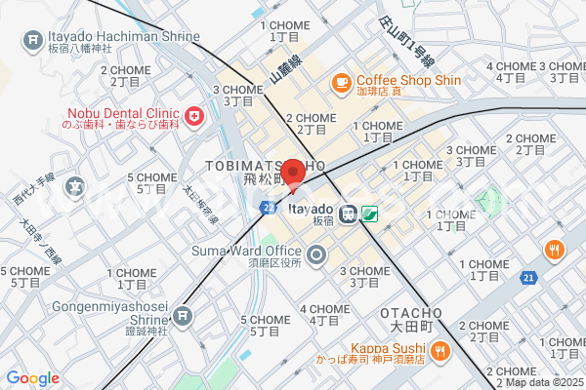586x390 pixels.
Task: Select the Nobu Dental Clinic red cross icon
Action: [x=194, y=117]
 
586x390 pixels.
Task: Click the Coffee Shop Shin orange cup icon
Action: [x=342, y=84]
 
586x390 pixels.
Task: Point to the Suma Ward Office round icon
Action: [x=316, y=256]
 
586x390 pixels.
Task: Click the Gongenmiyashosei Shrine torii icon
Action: [x=182, y=316]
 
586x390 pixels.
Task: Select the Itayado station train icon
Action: [x=349, y=212]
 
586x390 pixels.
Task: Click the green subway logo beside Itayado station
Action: [x=370, y=213]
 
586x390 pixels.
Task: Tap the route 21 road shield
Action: [x=527, y=279]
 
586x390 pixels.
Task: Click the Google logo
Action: [x=32, y=378]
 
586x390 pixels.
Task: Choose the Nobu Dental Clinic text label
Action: [x=121, y=118]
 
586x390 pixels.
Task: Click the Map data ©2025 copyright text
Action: [x=543, y=382]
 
